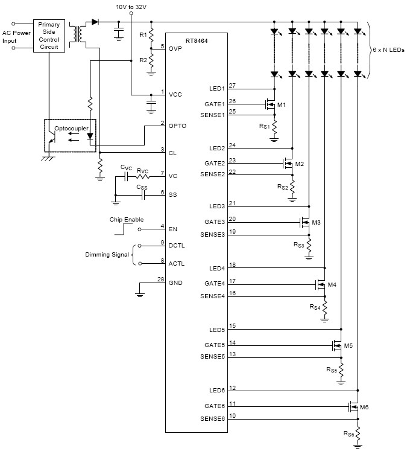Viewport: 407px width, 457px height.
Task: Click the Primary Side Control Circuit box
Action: coord(49,36)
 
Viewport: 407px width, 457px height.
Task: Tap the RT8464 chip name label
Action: coord(197,41)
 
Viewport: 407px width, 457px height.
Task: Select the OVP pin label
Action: coord(175,49)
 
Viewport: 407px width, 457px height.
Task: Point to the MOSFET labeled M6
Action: coord(354,406)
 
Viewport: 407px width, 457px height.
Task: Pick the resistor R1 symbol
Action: coord(151,35)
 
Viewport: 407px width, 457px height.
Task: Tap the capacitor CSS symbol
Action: coord(143,195)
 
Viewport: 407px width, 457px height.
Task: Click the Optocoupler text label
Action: coord(72,129)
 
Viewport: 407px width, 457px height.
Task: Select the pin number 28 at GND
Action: coord(161,280)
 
